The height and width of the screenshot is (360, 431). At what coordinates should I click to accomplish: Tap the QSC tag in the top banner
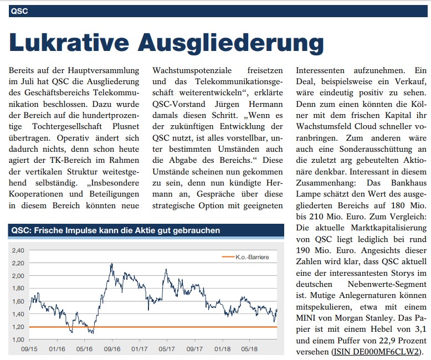(19, 11)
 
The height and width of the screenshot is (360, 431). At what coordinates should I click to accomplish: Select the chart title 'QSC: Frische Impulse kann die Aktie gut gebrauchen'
(115, 230)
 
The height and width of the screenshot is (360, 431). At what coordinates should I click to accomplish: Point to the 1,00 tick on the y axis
(18, 340)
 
